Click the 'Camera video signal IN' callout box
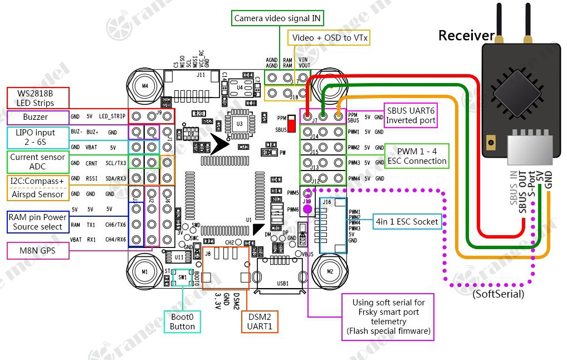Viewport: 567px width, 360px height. [277, 18]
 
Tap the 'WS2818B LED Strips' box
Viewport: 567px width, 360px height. [37, 98]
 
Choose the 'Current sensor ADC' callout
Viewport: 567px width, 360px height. [37, 162]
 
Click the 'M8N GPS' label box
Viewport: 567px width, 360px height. [37, 251]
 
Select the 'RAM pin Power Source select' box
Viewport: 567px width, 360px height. [37, 222]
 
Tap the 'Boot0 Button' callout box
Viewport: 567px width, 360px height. [182, 322]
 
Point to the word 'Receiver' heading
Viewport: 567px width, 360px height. [466, 36]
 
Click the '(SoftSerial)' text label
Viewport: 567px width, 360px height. [498, 293]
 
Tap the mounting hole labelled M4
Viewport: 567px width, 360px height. [145, 86]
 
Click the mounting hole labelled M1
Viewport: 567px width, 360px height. [145, 271]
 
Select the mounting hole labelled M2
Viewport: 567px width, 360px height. [330, 271]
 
